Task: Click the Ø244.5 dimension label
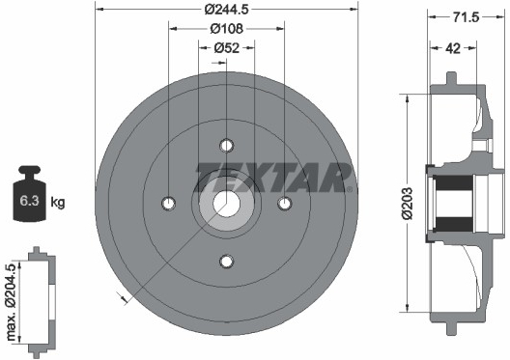coord(226,9)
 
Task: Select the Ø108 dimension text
coord(226,29)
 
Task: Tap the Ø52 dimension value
coord(227,48)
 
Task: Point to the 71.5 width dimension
coord(467,17)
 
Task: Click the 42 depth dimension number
coord(453,48)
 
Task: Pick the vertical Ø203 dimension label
coord(407,204)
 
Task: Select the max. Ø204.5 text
coord(11,302)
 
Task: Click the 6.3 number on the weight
coord(29,201)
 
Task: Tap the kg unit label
coord(58,202)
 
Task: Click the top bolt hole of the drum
coord(227,145)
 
